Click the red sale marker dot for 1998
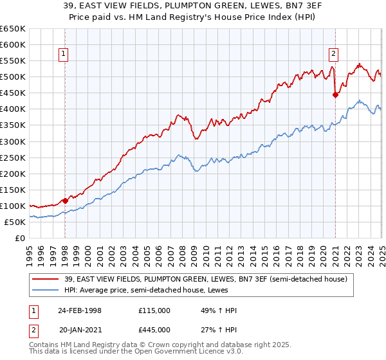coord(66,201)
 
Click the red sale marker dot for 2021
coord(335,94)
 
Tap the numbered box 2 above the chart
coord(335,55)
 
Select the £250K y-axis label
coord(12,157)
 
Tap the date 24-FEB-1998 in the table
coord(80,310)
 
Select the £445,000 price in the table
coord(154,329)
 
